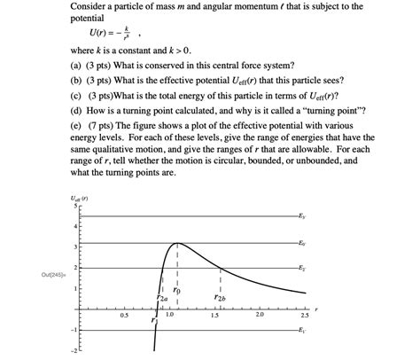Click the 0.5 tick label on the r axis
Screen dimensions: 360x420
[124, 316]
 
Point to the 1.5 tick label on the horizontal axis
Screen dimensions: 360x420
[215, 316]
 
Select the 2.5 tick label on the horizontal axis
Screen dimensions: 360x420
[305, 316]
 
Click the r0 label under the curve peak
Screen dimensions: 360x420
[177, 289]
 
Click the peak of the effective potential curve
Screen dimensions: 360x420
[177, 243]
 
